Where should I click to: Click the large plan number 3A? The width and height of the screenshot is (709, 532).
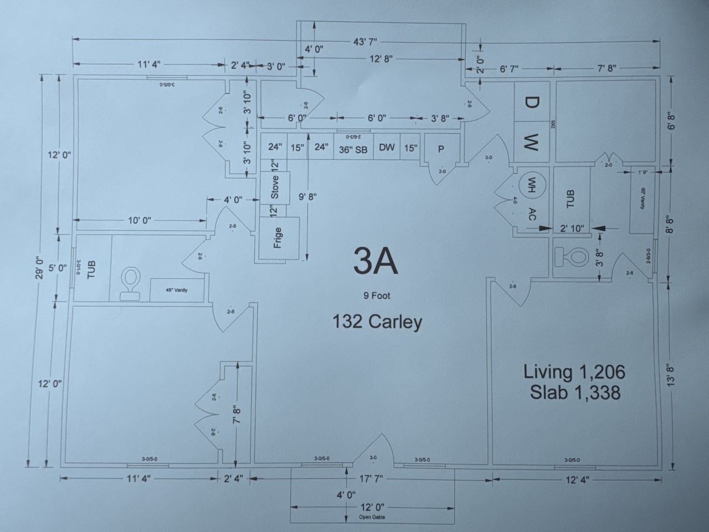[376, 262]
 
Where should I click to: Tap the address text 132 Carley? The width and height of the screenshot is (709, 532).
[377, 322]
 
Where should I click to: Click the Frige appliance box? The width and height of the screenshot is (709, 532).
[279, 238]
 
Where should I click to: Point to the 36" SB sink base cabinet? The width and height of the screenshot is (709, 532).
[353, 149]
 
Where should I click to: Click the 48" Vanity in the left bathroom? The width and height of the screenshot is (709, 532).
[177, 290]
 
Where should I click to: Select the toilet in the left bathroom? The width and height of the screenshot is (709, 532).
[131, 283]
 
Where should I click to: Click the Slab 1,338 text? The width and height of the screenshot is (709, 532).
[574, 392]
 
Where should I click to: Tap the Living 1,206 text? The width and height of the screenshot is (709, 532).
[574, 372]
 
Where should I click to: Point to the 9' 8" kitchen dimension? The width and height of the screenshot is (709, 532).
[307, 196]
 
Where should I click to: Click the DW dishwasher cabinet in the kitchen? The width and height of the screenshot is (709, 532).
[387, 147]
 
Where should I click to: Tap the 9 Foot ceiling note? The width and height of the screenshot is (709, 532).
[377, 296]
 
